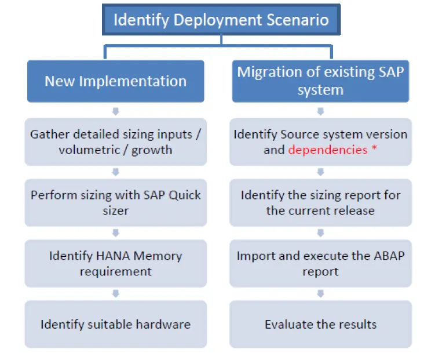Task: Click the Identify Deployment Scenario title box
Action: pos(221,20)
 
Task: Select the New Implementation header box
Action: pos(116,81)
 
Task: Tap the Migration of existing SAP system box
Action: pos(320,81)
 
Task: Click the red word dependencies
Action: pos(328,150)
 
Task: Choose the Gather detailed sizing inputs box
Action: pos(116,142)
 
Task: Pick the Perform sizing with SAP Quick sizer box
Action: pos(116,202)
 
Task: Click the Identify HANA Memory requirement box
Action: pos(116,263)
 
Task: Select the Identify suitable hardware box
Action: pos(116,324)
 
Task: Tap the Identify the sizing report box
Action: pos(320,202)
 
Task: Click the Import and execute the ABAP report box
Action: pos(320,263)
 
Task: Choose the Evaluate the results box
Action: pos(320,324)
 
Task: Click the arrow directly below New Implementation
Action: pos(116,111)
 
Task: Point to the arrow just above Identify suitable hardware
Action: pos(116,293)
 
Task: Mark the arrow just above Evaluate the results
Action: pos(320,293)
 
